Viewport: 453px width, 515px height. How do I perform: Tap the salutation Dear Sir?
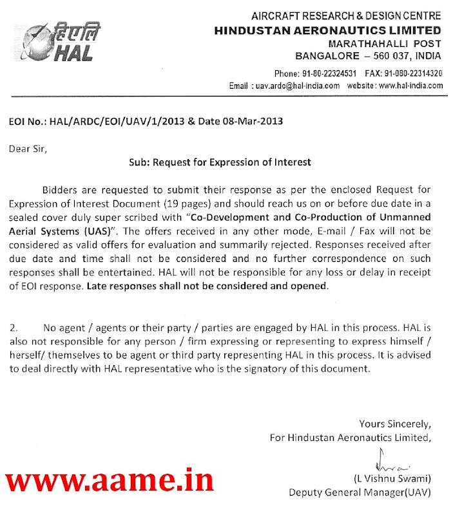coord(28,149)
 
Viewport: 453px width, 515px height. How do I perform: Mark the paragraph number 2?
coord(14,328)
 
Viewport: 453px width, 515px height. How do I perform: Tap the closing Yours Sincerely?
coord(394,424)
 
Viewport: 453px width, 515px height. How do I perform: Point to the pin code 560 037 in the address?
coord(385,56)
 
